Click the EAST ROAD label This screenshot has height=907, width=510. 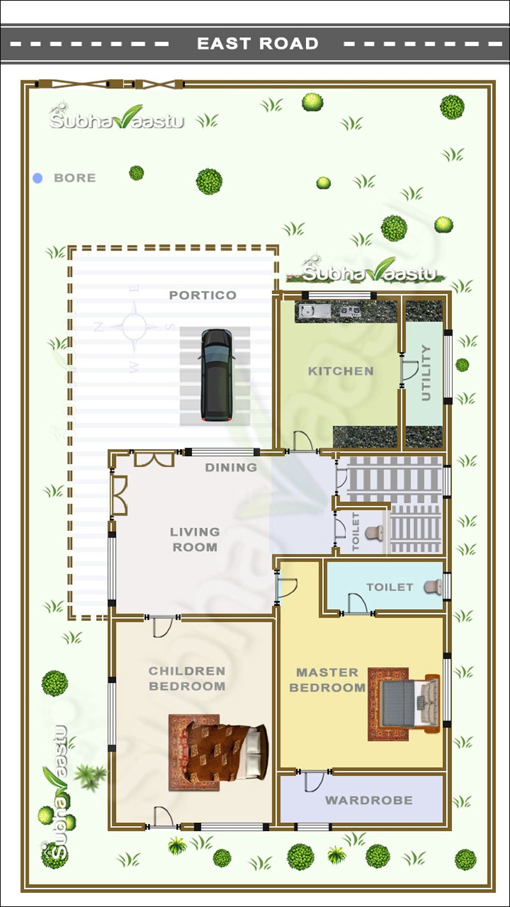coord(258,44)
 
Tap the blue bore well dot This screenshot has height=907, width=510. coord(38,179)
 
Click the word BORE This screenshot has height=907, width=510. coord(75,179)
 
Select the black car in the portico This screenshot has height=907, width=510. coord(215,375)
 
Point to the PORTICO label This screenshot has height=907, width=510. coord(203,295)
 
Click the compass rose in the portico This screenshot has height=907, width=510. coord(134,327)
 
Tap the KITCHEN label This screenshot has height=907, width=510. coord(340,371)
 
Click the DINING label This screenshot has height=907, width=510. coord(231,468)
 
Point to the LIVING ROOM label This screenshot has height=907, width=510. coord(194,540)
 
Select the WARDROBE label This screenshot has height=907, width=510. coord(368,800)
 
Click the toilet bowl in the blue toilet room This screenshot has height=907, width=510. coord(435,587)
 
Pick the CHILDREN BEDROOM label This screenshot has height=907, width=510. coord(187,679)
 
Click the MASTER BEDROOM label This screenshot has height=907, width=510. coord(327,680)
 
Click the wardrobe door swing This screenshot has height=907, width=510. coord(314,781)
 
